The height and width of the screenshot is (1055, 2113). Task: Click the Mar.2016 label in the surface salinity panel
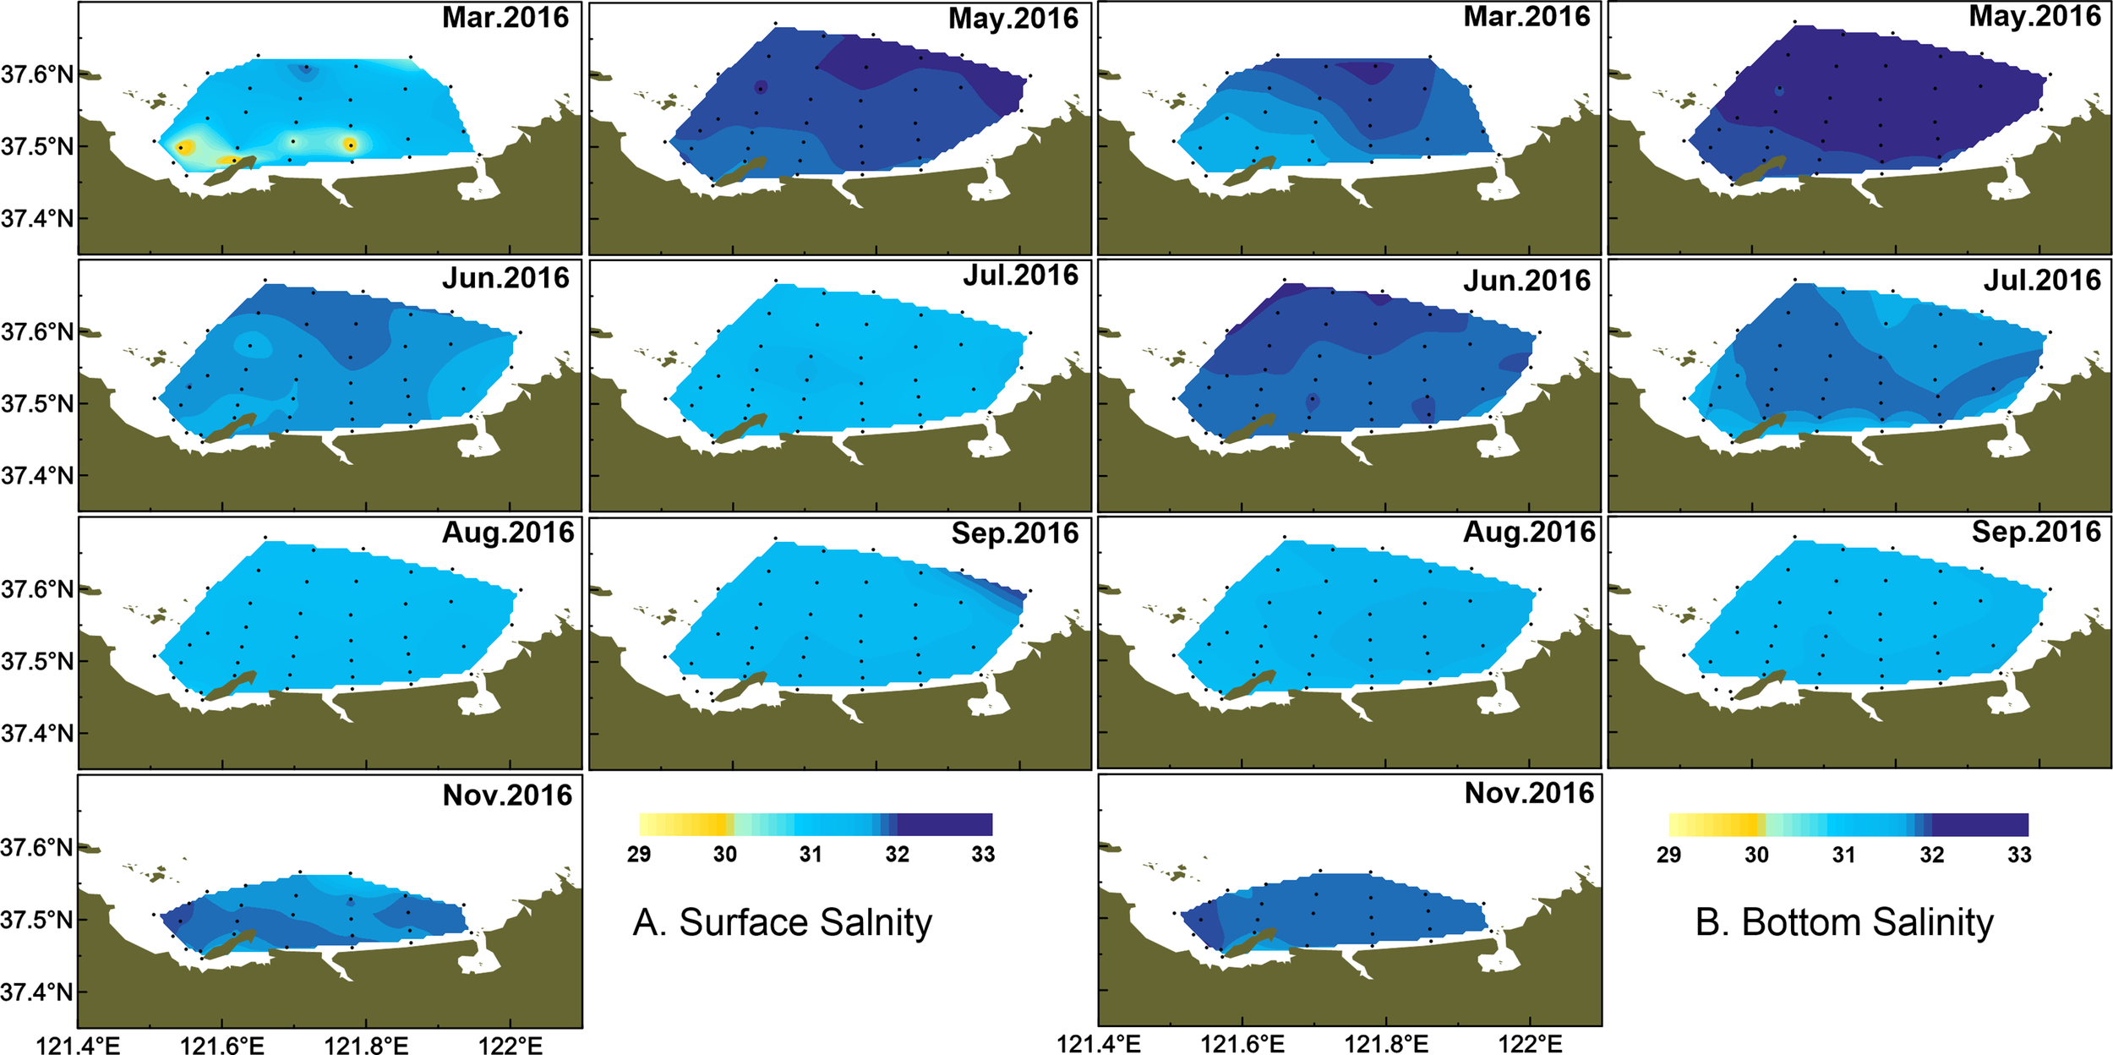pos(505,18)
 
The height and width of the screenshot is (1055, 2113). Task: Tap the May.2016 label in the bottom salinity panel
pos(2034,16)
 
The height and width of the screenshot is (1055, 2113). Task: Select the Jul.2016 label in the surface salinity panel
pos(1020,276)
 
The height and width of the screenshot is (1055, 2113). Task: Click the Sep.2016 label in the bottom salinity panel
pos(2035,532)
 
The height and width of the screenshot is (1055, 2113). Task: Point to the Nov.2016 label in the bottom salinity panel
pos(1528,793)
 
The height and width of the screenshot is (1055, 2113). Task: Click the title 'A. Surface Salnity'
pos(782,922)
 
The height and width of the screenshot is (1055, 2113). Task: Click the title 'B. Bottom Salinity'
pos(1844,922)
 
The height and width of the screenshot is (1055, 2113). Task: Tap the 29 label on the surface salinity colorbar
pos(639,855)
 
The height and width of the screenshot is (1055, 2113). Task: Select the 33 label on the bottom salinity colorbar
pos(2019,855)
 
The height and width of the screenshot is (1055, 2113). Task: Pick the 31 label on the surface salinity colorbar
pos(811,855)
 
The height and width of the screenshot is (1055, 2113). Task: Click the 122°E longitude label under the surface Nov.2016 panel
pos(510,1046)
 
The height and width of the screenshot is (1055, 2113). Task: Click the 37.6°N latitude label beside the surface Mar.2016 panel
pos(37,74)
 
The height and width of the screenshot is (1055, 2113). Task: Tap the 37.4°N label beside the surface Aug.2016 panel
pos(37,734)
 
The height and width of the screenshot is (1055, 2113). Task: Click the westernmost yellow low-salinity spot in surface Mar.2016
pos(184,147)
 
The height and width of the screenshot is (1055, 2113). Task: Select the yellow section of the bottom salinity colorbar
pos(1716,824)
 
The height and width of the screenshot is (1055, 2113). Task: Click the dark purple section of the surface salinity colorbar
pos(945,824)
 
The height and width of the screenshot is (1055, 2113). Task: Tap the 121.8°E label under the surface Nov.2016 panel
pos(366,1046)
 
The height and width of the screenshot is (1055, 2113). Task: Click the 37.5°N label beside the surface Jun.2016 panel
pos(37,404)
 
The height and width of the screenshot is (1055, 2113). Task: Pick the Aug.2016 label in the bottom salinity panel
pos(1528,532)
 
